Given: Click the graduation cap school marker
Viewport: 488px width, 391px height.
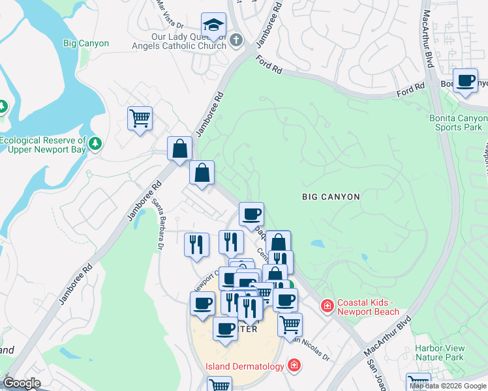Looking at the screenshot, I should click(x=213, y=25).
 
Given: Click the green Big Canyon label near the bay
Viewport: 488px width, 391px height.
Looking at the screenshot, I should click(x=86, y=44).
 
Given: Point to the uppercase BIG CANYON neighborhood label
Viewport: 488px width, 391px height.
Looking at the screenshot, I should click(x=331, y=196).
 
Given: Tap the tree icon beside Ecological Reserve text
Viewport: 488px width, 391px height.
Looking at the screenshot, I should click(x=95, y=143).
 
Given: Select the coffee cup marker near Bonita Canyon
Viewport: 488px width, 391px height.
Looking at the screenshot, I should click(x=465, y=81).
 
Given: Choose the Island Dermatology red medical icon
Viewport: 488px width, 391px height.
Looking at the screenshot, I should click(x=294, y=366).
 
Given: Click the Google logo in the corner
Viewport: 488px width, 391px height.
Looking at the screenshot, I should click(x=22, y=383).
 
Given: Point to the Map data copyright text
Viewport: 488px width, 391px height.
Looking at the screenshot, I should click(x=448, y=386).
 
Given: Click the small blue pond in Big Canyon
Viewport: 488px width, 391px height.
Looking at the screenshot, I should click(x=317, y=244).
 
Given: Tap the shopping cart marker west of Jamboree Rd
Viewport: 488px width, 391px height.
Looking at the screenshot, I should click(x=140, y=119).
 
